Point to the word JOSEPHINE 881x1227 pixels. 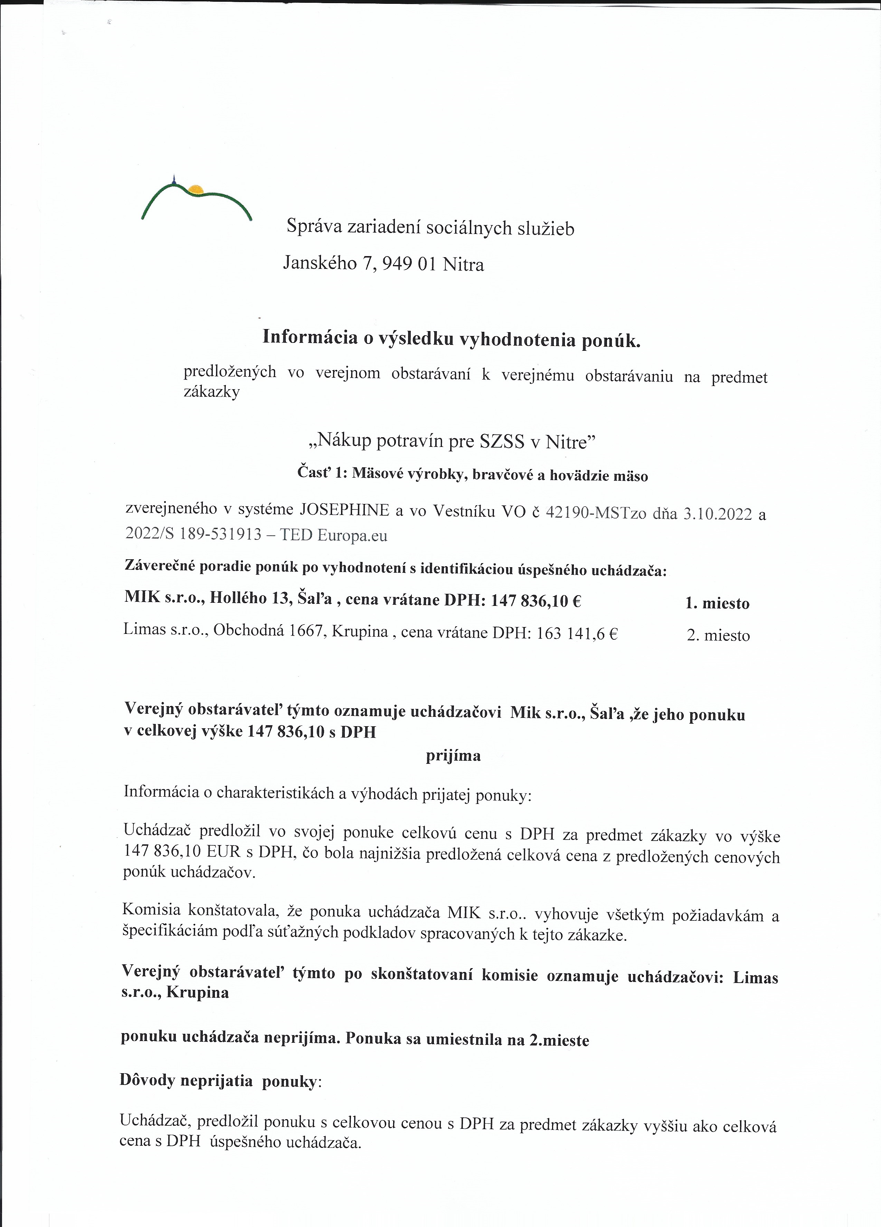[x=344, y=510]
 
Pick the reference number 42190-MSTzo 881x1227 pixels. [x=596, y=512]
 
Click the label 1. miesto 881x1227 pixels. [x=717, y=603]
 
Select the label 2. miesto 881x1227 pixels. [x=718, y=636]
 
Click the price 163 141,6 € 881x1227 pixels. [x=577, y=634]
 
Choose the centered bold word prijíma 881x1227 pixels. [x=453, y=756]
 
